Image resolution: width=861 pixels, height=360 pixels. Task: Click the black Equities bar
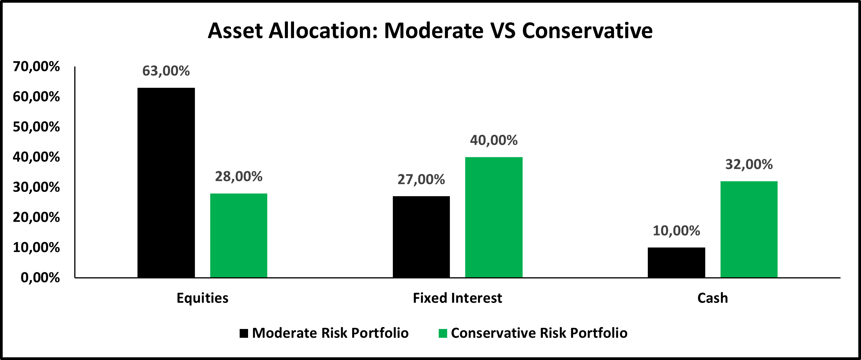166,183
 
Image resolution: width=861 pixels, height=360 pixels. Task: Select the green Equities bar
239,236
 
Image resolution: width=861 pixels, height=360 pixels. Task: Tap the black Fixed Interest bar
421,237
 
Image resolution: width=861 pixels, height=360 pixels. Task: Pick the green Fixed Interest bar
494,217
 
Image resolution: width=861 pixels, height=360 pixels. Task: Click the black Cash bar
676,262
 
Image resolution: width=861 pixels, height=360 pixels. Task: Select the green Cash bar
749,229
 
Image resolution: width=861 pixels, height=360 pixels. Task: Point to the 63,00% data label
166,71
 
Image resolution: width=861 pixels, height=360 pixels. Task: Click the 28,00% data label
239,177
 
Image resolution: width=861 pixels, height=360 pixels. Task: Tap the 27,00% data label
421,179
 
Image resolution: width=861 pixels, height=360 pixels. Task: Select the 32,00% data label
749,164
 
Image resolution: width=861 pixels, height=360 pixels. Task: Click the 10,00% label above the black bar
676,231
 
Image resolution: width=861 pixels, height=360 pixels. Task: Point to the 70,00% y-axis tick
36,67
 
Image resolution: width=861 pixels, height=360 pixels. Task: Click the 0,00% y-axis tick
40,278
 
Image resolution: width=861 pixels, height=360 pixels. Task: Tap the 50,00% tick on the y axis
36,127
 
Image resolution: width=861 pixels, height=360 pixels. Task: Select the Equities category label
203,298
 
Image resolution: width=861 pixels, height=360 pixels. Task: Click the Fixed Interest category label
457,298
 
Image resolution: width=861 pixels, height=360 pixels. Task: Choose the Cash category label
712,298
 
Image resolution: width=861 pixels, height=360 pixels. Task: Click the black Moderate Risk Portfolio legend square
244,333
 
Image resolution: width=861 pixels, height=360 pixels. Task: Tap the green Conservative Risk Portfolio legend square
443,333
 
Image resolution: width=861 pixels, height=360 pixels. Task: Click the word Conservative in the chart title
587,31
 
